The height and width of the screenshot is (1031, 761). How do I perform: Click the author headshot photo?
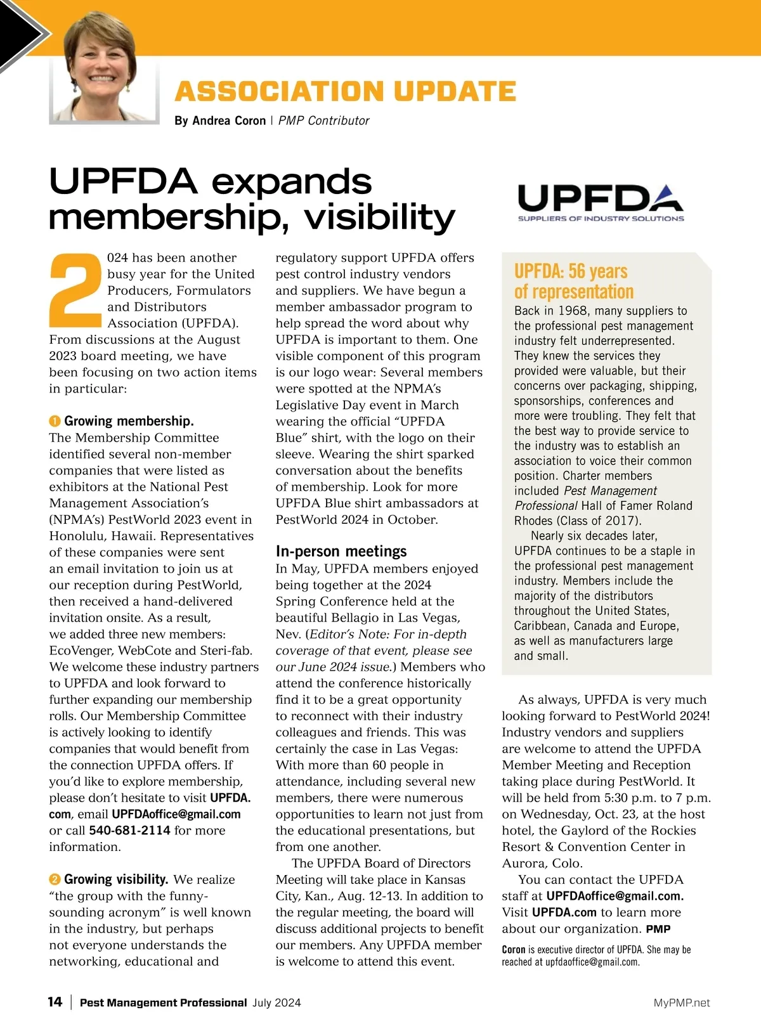[x=104, y=67]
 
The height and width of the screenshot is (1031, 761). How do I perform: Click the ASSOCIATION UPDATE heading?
[x=345, y=92]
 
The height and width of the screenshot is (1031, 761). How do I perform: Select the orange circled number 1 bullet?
[x=55, y=422]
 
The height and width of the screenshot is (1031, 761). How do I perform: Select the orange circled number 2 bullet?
[x=55, y=879]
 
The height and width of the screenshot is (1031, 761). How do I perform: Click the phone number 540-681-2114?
[x=129, y=831]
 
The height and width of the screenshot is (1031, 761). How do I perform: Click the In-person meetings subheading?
[x=341, y=552]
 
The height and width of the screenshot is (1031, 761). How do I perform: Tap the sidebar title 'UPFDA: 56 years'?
[x=571, y=271]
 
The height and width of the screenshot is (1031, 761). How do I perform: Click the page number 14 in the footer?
[x=55, y=1002]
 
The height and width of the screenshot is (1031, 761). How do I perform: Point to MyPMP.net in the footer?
[x=682, y=1002]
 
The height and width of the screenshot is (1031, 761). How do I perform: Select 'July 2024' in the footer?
[x=276, y=1002]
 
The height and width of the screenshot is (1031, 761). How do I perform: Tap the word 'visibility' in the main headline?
[x=379, y=217]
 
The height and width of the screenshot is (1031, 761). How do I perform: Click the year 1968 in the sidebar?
[x=573, y=311]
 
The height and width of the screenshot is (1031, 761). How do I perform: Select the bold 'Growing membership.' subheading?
[x=129, y=421]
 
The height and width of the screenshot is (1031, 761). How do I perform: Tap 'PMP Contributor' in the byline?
[x=323, y=120]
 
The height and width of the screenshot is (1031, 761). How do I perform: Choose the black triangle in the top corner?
[x=19, y=32]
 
